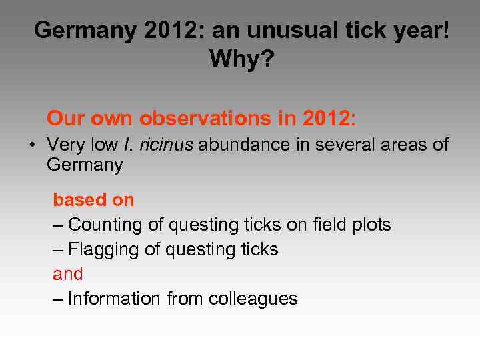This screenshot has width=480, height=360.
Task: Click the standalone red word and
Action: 68,274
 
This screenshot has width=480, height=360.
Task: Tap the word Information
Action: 114,299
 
